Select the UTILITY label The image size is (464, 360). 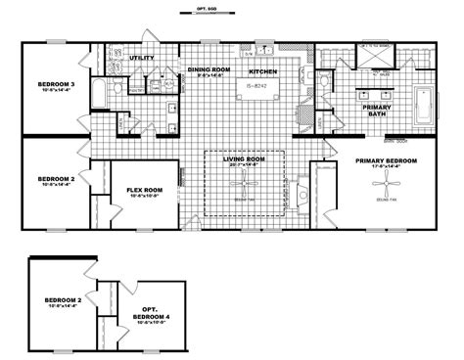click(143, 60)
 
